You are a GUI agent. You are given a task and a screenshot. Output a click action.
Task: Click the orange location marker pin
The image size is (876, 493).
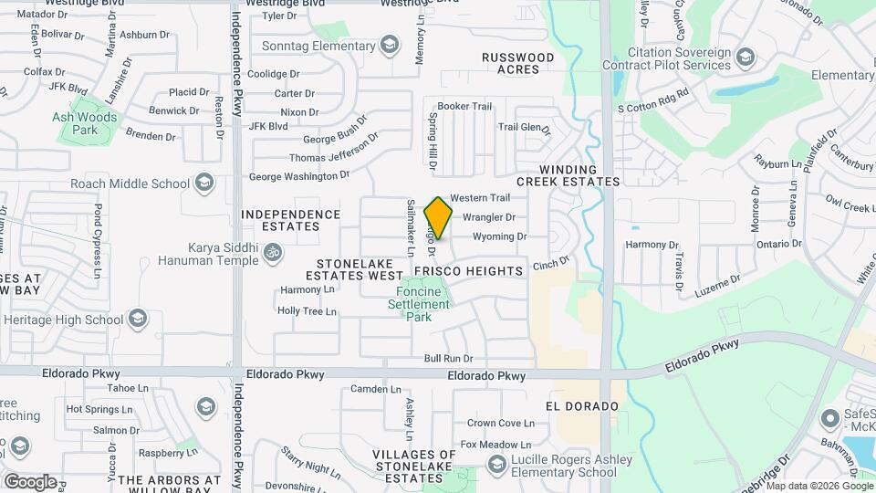[439, 217]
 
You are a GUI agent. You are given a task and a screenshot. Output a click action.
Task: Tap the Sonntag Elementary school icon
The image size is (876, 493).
[390, 44]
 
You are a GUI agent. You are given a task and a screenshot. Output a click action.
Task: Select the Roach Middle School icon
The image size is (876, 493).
[204, 184]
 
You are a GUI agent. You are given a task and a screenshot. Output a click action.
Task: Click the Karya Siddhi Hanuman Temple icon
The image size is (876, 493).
[272, 253]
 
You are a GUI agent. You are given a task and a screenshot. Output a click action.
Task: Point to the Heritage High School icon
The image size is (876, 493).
[138, 319]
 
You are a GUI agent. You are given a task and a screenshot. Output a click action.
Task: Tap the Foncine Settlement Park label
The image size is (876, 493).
[418, 305]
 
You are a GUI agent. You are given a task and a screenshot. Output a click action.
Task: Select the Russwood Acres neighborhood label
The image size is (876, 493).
[518, 64]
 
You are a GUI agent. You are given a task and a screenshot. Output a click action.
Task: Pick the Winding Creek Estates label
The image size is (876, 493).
[568, 175]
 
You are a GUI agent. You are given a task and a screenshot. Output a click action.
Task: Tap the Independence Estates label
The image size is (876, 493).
[290, 220]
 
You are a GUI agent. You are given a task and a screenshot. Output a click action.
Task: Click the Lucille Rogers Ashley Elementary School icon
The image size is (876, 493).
[495, 466]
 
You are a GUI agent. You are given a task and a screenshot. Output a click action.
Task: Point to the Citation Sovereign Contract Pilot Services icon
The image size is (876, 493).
[746, 58]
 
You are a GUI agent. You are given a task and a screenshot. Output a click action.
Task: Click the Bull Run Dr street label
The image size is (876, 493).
[448, 359]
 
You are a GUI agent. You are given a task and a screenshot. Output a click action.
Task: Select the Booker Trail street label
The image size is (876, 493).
[464, 106]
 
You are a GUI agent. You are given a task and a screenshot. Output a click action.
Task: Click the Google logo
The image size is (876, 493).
[30, 481]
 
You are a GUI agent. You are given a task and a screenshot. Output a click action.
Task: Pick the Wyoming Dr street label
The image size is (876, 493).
[500, 236]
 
